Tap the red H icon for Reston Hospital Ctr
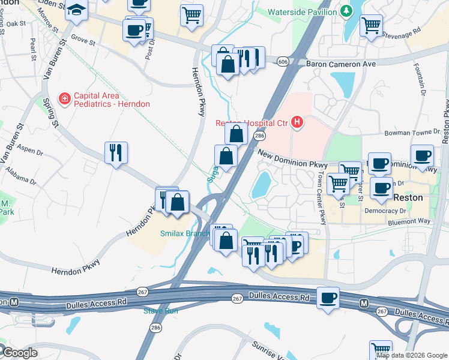(x=296, y=124)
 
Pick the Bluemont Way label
(x=409, y=221)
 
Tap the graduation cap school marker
(x=77, y=10)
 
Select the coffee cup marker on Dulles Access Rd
(x=328, y=298)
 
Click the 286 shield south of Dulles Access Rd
(x=155, y=328)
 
